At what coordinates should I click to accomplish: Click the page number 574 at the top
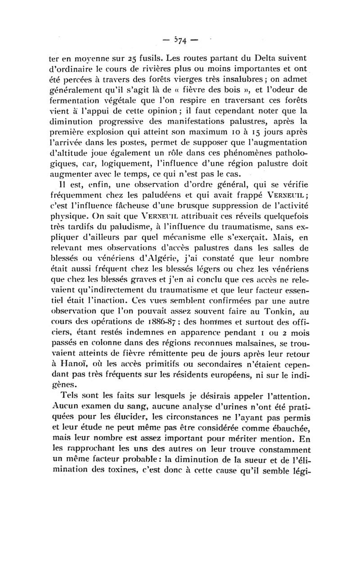pos(180,41)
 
